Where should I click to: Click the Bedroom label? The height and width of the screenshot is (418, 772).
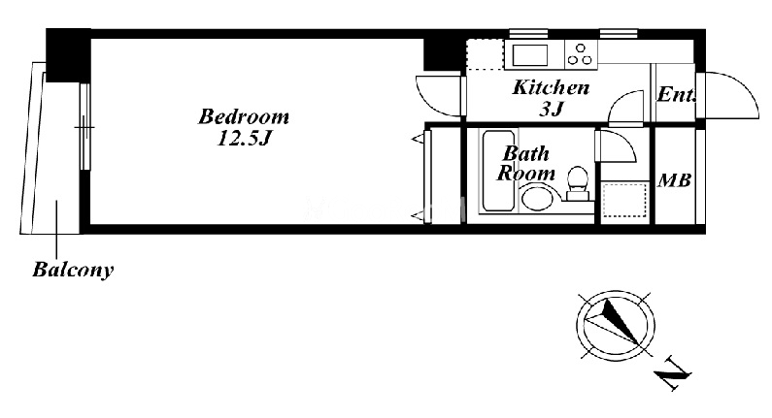[x=244, y=116]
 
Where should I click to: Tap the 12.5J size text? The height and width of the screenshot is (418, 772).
[x=244, y=139]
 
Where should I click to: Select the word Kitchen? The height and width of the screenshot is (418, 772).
[x=551, y=87]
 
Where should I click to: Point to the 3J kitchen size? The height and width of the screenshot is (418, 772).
[x=551, y=109]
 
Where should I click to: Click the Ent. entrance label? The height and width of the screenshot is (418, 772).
[x=677, y=94]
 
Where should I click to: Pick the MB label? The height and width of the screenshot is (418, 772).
[x=675, y=180]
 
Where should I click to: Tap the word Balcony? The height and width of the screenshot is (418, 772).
[x=74, y=270]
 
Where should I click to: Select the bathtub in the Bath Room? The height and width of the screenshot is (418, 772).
[x=499, y=170]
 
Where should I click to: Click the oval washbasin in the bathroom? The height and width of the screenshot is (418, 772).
[x=539, y=198]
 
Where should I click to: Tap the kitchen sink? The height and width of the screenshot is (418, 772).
[x=530, y=55]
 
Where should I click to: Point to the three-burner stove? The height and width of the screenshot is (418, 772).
[x=580, y=54]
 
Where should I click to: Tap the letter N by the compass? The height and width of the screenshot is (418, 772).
[x=673, y=373]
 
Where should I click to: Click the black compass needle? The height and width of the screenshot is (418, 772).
[x=621, y=320]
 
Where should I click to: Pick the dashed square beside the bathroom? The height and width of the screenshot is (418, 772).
[x=624, y=200]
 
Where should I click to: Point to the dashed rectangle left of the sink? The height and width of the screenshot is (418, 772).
[x=485, y=54]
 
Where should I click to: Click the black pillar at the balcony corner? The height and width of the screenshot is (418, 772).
[x=68, y=55]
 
